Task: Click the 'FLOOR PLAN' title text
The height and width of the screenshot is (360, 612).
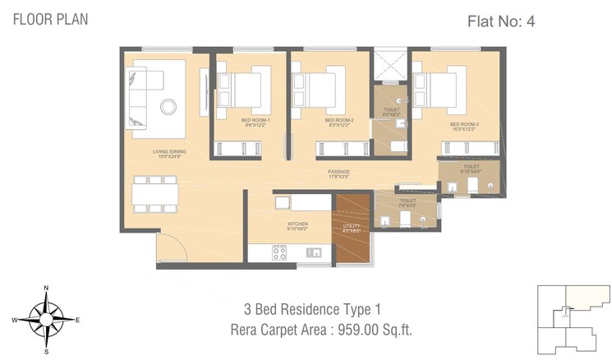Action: [50, 18]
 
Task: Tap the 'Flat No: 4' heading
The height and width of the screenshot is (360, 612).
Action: [501, 21]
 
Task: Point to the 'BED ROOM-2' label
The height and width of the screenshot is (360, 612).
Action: [339, 122]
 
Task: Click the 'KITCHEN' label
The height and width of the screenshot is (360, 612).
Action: [297, 224]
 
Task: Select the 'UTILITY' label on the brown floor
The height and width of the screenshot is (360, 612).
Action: [351, 226]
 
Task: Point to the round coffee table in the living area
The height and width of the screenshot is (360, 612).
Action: [168, 106]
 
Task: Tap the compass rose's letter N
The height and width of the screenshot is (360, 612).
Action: [47, 288]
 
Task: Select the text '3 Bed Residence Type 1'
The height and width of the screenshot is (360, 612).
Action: [312, 310]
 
